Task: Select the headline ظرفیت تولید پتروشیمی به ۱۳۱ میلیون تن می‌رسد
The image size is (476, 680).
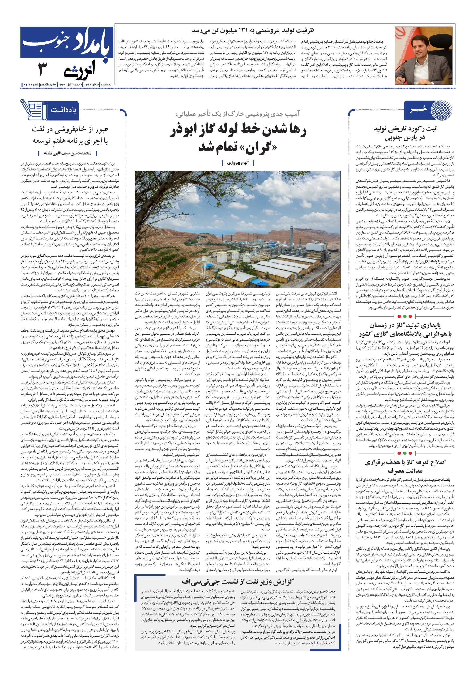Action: (252, 31)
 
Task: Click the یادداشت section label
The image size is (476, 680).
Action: (63, 110)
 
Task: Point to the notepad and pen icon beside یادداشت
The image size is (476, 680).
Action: (33, 109)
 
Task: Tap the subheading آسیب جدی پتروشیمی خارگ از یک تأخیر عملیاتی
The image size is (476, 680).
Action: (237, 114)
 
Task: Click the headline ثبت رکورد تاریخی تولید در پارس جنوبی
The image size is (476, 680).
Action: (405, 133)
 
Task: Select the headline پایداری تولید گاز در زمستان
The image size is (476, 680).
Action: (405, 325)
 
